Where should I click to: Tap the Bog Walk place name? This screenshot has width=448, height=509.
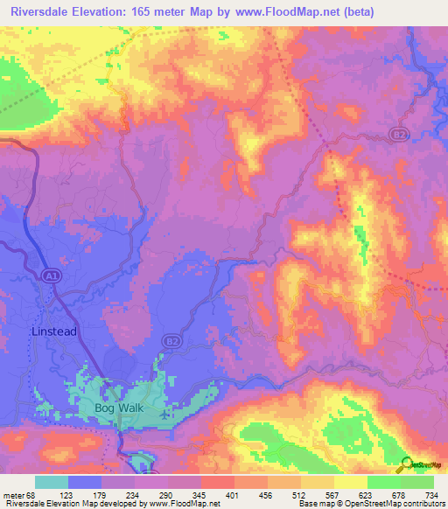click(118, 408)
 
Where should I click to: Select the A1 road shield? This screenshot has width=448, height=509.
click(52, 276)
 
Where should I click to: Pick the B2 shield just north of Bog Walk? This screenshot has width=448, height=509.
click(173, 341)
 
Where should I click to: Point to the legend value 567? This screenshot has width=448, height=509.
click(331, 496)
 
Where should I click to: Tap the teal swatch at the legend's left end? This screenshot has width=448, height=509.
click(51, 482)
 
